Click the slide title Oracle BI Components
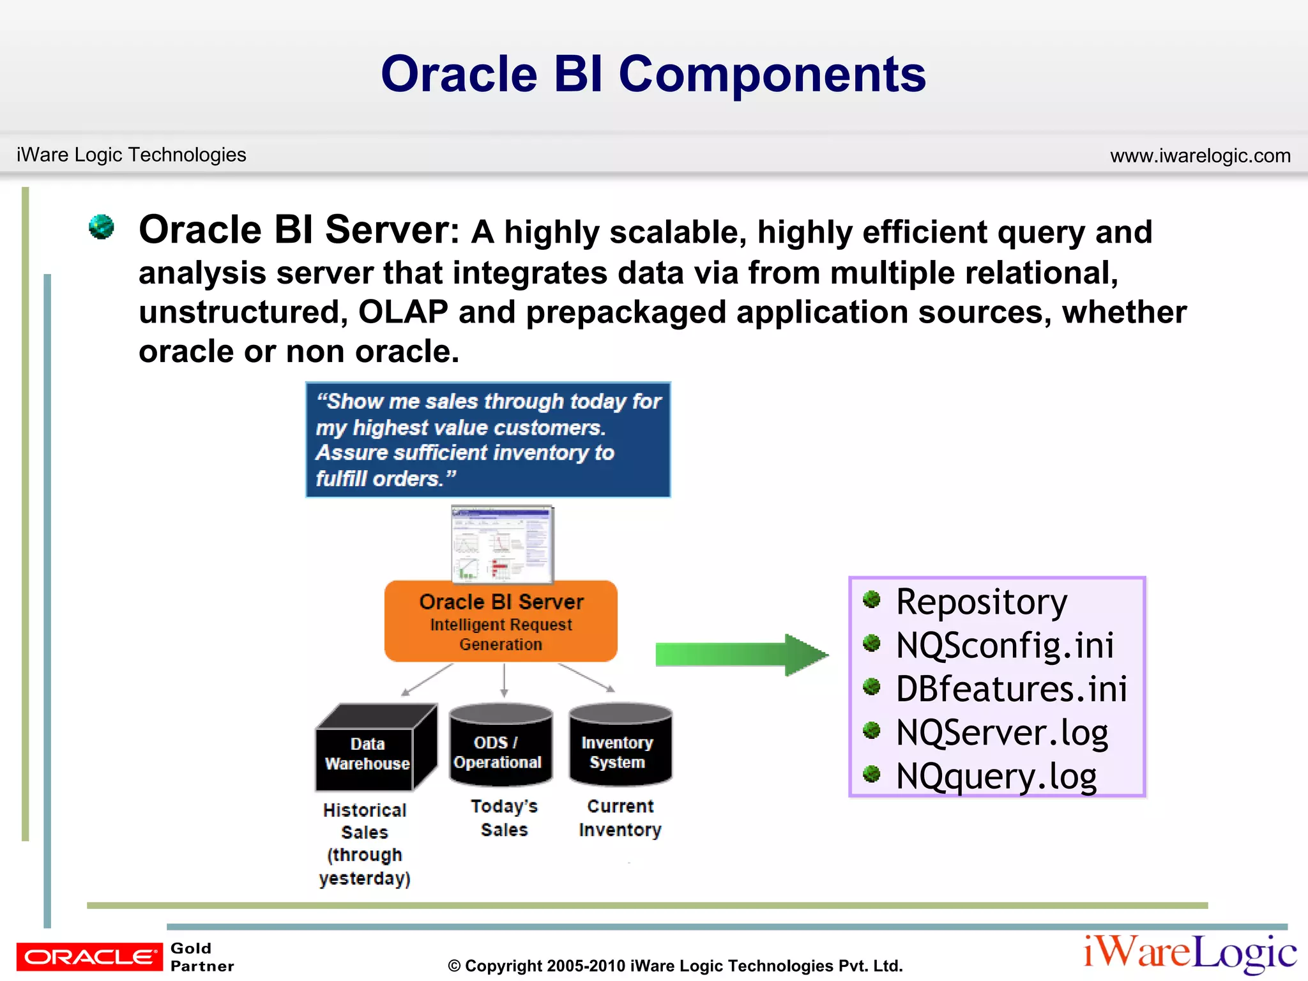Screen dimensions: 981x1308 tap(653, 74)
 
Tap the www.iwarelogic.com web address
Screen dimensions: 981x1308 tap(1200, 155)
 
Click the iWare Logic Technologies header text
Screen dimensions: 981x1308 tap(131, 155)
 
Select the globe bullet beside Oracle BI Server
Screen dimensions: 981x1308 tap(102, 227)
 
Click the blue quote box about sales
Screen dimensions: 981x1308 tap(488, 439)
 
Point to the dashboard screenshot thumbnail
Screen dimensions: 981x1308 tap(502, 544)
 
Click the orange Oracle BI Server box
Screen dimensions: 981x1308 tap(501, 621)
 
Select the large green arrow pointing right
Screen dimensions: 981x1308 tap(741, 655)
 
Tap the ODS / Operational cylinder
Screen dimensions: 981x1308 tap(500, 746)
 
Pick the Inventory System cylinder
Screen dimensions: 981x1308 tap(620, 746)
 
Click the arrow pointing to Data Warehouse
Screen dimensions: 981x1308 tap(427, 680)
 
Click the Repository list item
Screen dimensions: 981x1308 tap(981, 602)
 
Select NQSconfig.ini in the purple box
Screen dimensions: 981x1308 tap(1004, 645)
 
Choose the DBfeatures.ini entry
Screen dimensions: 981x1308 tap(1011, 688)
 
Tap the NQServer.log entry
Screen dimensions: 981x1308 tap(1001, 732)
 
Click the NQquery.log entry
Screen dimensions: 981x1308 tap(996, 776)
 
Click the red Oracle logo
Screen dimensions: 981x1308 tap(89, 956)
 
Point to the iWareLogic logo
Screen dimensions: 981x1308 tap(1189, 953)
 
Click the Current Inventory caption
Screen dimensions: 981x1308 tap(620, 818)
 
